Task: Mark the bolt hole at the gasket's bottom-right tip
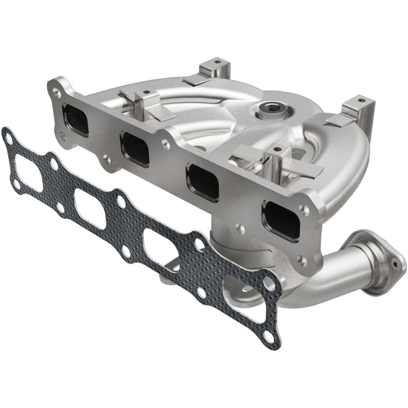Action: pyautogui.click(x=269, y=336)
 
